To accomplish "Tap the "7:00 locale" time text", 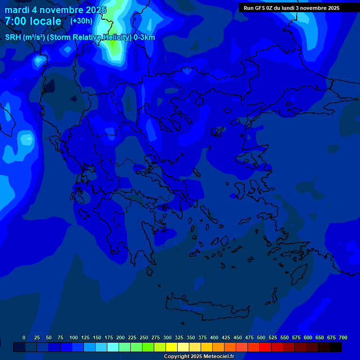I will tap(33, 21).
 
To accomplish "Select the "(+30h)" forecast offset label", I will tap(81, 21).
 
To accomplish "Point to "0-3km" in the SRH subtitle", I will tap(144, 37).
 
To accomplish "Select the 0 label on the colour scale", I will tap(24, 337).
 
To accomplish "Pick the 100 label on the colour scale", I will tap(74, 337).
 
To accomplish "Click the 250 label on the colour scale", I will tap(144, 337).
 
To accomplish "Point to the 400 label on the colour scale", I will tap(214, 337).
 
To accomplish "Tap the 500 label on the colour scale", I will tap(261, 337).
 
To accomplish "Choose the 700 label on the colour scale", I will tap(343, 337).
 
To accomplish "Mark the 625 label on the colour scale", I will tap(320, 337).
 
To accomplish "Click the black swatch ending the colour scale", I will tap(335, 347).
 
